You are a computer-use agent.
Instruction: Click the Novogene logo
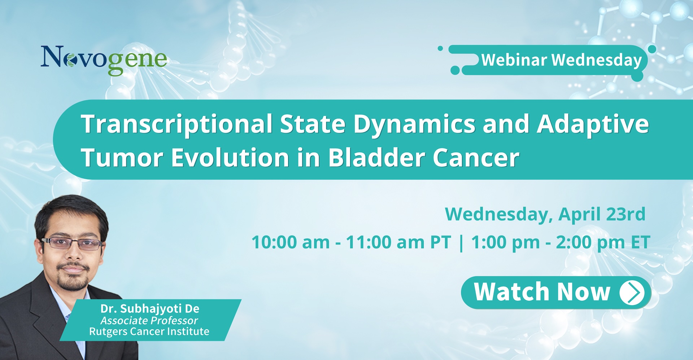coord(104,60)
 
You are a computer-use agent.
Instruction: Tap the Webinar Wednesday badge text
coord(562,60)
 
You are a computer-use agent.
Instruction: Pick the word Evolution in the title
coord(230,158)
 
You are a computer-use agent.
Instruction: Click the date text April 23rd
coord(602,214)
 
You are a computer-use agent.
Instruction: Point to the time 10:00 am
coord(291,242)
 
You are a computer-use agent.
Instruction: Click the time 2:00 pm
coord(590,242)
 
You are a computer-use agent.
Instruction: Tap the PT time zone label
coord(441,242)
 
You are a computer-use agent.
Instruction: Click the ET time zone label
coord(640,242)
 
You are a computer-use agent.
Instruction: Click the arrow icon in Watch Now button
coord(632,293)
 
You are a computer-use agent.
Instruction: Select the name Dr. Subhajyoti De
coord(150,309)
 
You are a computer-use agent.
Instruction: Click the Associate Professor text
coord(149,320)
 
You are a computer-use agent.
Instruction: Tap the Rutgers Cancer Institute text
coord(149,332)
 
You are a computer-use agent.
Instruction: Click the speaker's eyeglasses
coord(72,243)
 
